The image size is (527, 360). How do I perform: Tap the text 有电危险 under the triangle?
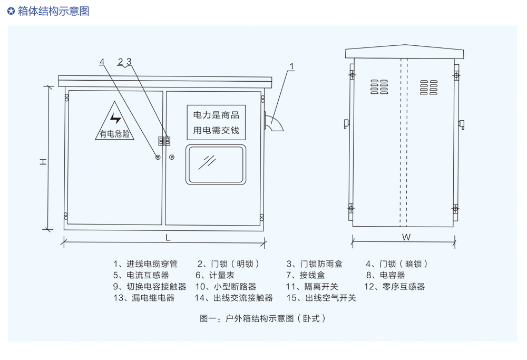pyautogui.click(x=115, y=134)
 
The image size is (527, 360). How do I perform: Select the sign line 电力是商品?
pyautogui.click(x=216, y=115)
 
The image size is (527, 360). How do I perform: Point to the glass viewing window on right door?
pyautogui.click(x=216, y=165)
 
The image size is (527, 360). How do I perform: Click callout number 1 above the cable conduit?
pyautogui.click(x=292, y=67)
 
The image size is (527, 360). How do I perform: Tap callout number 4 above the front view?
pyautogui.click(x=102, y=62)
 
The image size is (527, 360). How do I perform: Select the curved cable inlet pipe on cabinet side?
pyautogui.click(x=275, y=123)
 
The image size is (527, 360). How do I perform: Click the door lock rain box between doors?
pyautogui.click(x=164, y=141)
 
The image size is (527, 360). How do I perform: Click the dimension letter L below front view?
pyautogui.click(x=168, y=238)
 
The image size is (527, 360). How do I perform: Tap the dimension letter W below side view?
pyautogui.click(x=406, y=237)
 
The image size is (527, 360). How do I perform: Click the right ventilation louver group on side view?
pyautogui.click(x=428, y=87)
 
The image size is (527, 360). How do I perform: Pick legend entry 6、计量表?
pyautogui.click(x=215, y=275)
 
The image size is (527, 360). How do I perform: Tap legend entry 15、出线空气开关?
pyautogui.click(x=321, y=298)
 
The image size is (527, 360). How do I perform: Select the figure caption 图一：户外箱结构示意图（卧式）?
pyautogui.click(x=263, y=318)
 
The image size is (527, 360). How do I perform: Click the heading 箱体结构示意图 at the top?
pyautogui.click(x=53, y=11)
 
